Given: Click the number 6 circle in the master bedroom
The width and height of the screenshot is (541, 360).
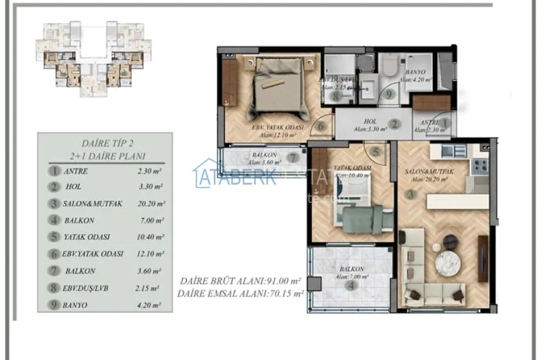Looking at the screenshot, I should pos(321,126).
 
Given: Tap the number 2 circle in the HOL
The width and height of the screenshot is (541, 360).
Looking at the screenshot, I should pos(395,125).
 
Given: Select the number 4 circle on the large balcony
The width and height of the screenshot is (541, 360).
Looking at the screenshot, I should pos(351,286).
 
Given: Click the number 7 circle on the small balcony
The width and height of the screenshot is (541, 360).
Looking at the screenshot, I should pos(293,158).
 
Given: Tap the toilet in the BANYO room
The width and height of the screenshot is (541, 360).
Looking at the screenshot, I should pos(390,67).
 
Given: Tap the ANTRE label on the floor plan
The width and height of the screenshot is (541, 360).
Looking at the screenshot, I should pos(423,122).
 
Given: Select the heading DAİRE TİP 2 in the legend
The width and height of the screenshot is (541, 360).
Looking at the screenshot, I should pos(105,144).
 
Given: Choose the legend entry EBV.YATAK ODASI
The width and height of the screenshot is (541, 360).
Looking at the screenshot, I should pos(93,254).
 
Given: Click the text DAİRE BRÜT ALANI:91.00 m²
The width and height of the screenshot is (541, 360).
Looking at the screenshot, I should pos(241,280).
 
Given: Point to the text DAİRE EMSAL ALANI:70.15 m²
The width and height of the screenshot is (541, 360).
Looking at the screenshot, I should pos(241,293).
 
